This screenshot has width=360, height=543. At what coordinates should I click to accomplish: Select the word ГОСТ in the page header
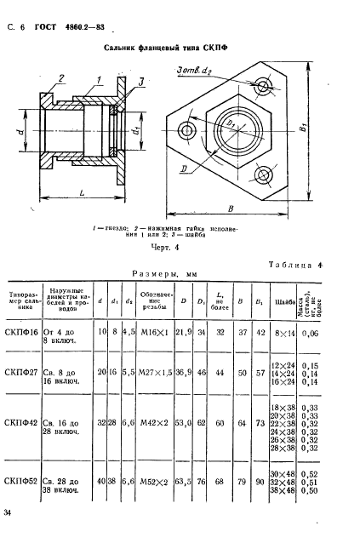coord(41,28)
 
